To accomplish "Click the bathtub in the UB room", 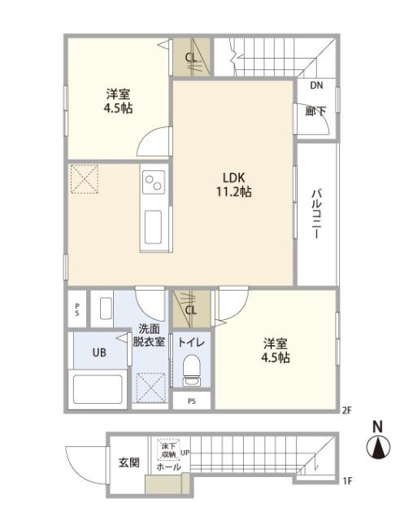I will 97,388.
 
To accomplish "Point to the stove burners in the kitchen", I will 153,184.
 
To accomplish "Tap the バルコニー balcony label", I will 315,212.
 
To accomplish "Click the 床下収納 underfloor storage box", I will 168,449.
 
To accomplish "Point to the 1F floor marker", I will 347,482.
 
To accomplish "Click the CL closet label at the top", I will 190,58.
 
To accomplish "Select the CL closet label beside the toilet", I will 190,309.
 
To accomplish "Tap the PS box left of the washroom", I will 76,309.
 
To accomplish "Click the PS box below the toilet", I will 192,401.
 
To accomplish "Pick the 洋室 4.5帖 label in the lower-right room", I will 276,350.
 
